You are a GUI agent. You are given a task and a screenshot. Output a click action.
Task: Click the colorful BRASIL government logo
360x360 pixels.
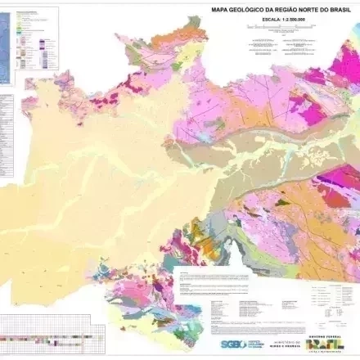pos(326,348)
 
